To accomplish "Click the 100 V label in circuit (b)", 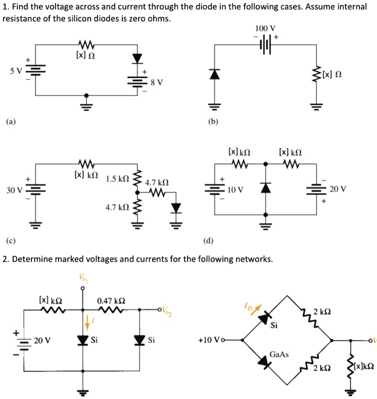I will click(265, 28).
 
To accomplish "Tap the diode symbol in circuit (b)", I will click(215, 74).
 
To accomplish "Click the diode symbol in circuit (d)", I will click(266, 189).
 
